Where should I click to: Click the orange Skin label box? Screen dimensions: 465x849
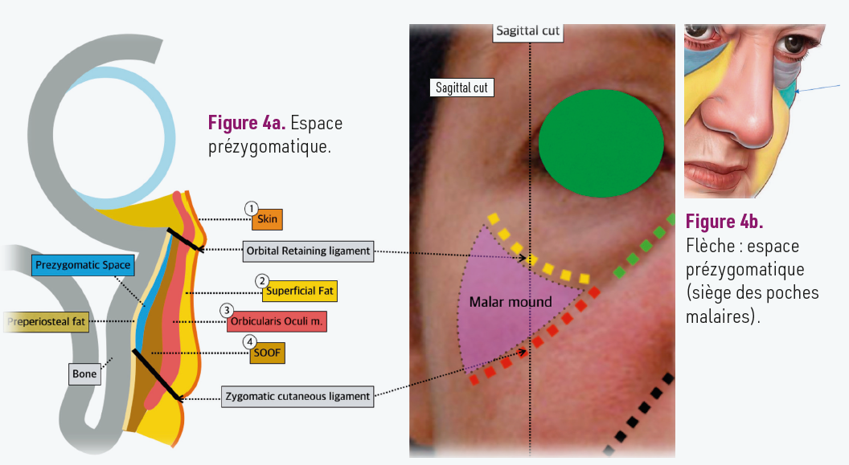(x=268, y=218)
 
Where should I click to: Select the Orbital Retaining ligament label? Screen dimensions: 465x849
(x=310, y=251)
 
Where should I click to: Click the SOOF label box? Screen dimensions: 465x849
(x=267, y=353)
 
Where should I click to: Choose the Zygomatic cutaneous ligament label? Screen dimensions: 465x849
(x=297, y=396)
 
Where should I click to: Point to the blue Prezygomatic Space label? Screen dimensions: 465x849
(x=83, y=265)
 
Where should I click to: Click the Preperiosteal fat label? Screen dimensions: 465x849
(x=47, y=322)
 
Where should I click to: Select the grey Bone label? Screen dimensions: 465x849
(x=84, y=373)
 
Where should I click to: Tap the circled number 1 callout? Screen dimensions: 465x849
(x=252, y=206)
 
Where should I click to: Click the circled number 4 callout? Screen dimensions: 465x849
(x=252, y=341)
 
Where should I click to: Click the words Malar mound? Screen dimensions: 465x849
(x=511, y=302)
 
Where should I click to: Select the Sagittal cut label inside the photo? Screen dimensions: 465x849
(x=461, y=88)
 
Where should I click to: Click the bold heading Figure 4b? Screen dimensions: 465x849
(x=724, y=221)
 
